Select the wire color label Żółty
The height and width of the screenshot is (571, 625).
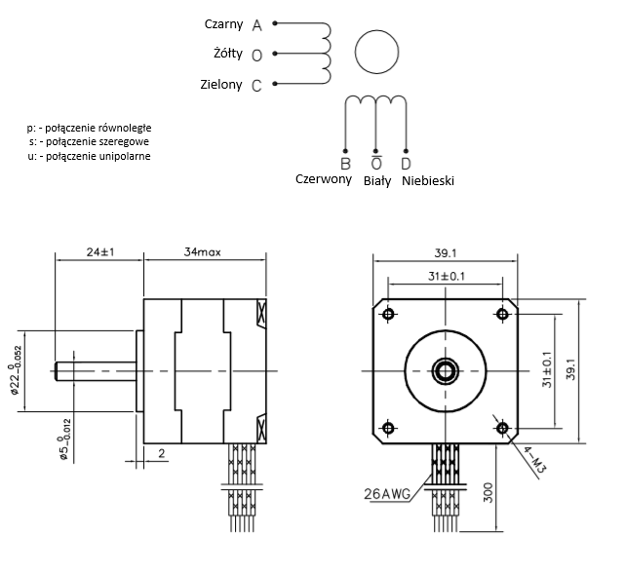227,53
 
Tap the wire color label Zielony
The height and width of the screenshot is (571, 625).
221,85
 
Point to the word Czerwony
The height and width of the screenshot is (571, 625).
323,179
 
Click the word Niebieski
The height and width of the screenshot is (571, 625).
427,180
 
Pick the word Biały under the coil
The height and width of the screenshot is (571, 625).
376,180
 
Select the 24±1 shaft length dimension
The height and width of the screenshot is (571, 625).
99,251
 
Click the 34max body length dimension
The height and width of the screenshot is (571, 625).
204,251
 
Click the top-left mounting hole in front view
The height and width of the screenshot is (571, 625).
389,314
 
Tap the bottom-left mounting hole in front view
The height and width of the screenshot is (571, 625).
389,428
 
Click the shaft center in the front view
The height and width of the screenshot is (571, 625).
447,370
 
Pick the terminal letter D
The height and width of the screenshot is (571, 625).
406,162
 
